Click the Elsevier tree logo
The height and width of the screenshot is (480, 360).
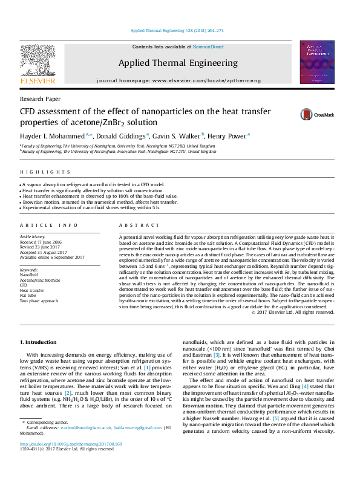coord(38,60)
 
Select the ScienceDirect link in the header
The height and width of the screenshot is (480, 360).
coord(208,47)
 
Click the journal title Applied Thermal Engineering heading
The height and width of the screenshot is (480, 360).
coord(178,63)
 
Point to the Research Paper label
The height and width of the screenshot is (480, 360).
coord(40,98)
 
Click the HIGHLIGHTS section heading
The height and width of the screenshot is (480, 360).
coord(38,172)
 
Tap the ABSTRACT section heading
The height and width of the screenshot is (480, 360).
coord(137,225)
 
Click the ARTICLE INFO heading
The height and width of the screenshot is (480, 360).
coord(49,225)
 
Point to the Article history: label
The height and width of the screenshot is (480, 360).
coord(33,237)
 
